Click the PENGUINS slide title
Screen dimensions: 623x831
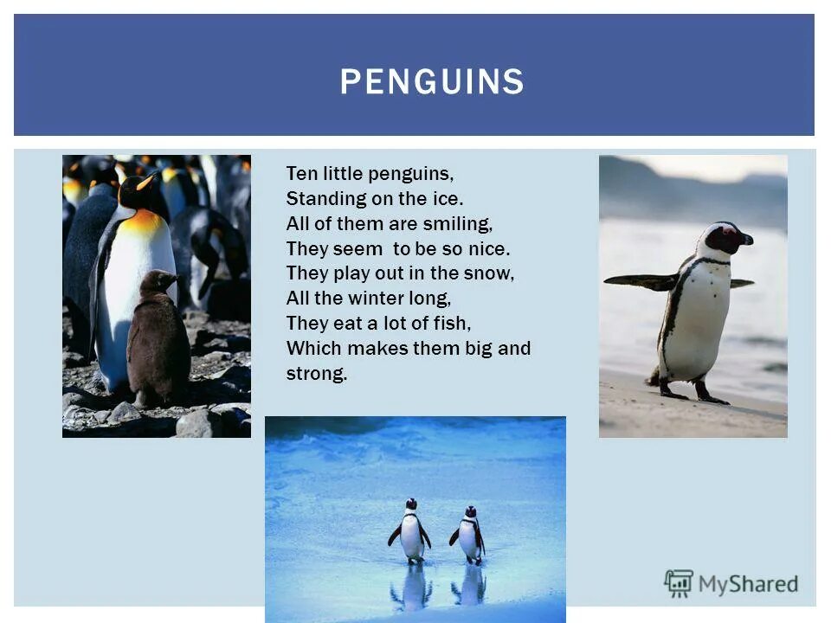point(431,81)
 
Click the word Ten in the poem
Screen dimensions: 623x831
point(300,173)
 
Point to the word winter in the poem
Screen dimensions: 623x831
point(378,299)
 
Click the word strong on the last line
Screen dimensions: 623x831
point(316,375)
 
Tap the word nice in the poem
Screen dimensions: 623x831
point(490,249)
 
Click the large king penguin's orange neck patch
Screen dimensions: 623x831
point(145,223)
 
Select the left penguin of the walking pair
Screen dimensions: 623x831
point(409,531)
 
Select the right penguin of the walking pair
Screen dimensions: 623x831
point(469,535)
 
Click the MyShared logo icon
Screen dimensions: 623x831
point(679,584)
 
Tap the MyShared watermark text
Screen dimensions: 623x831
point(748,585)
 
